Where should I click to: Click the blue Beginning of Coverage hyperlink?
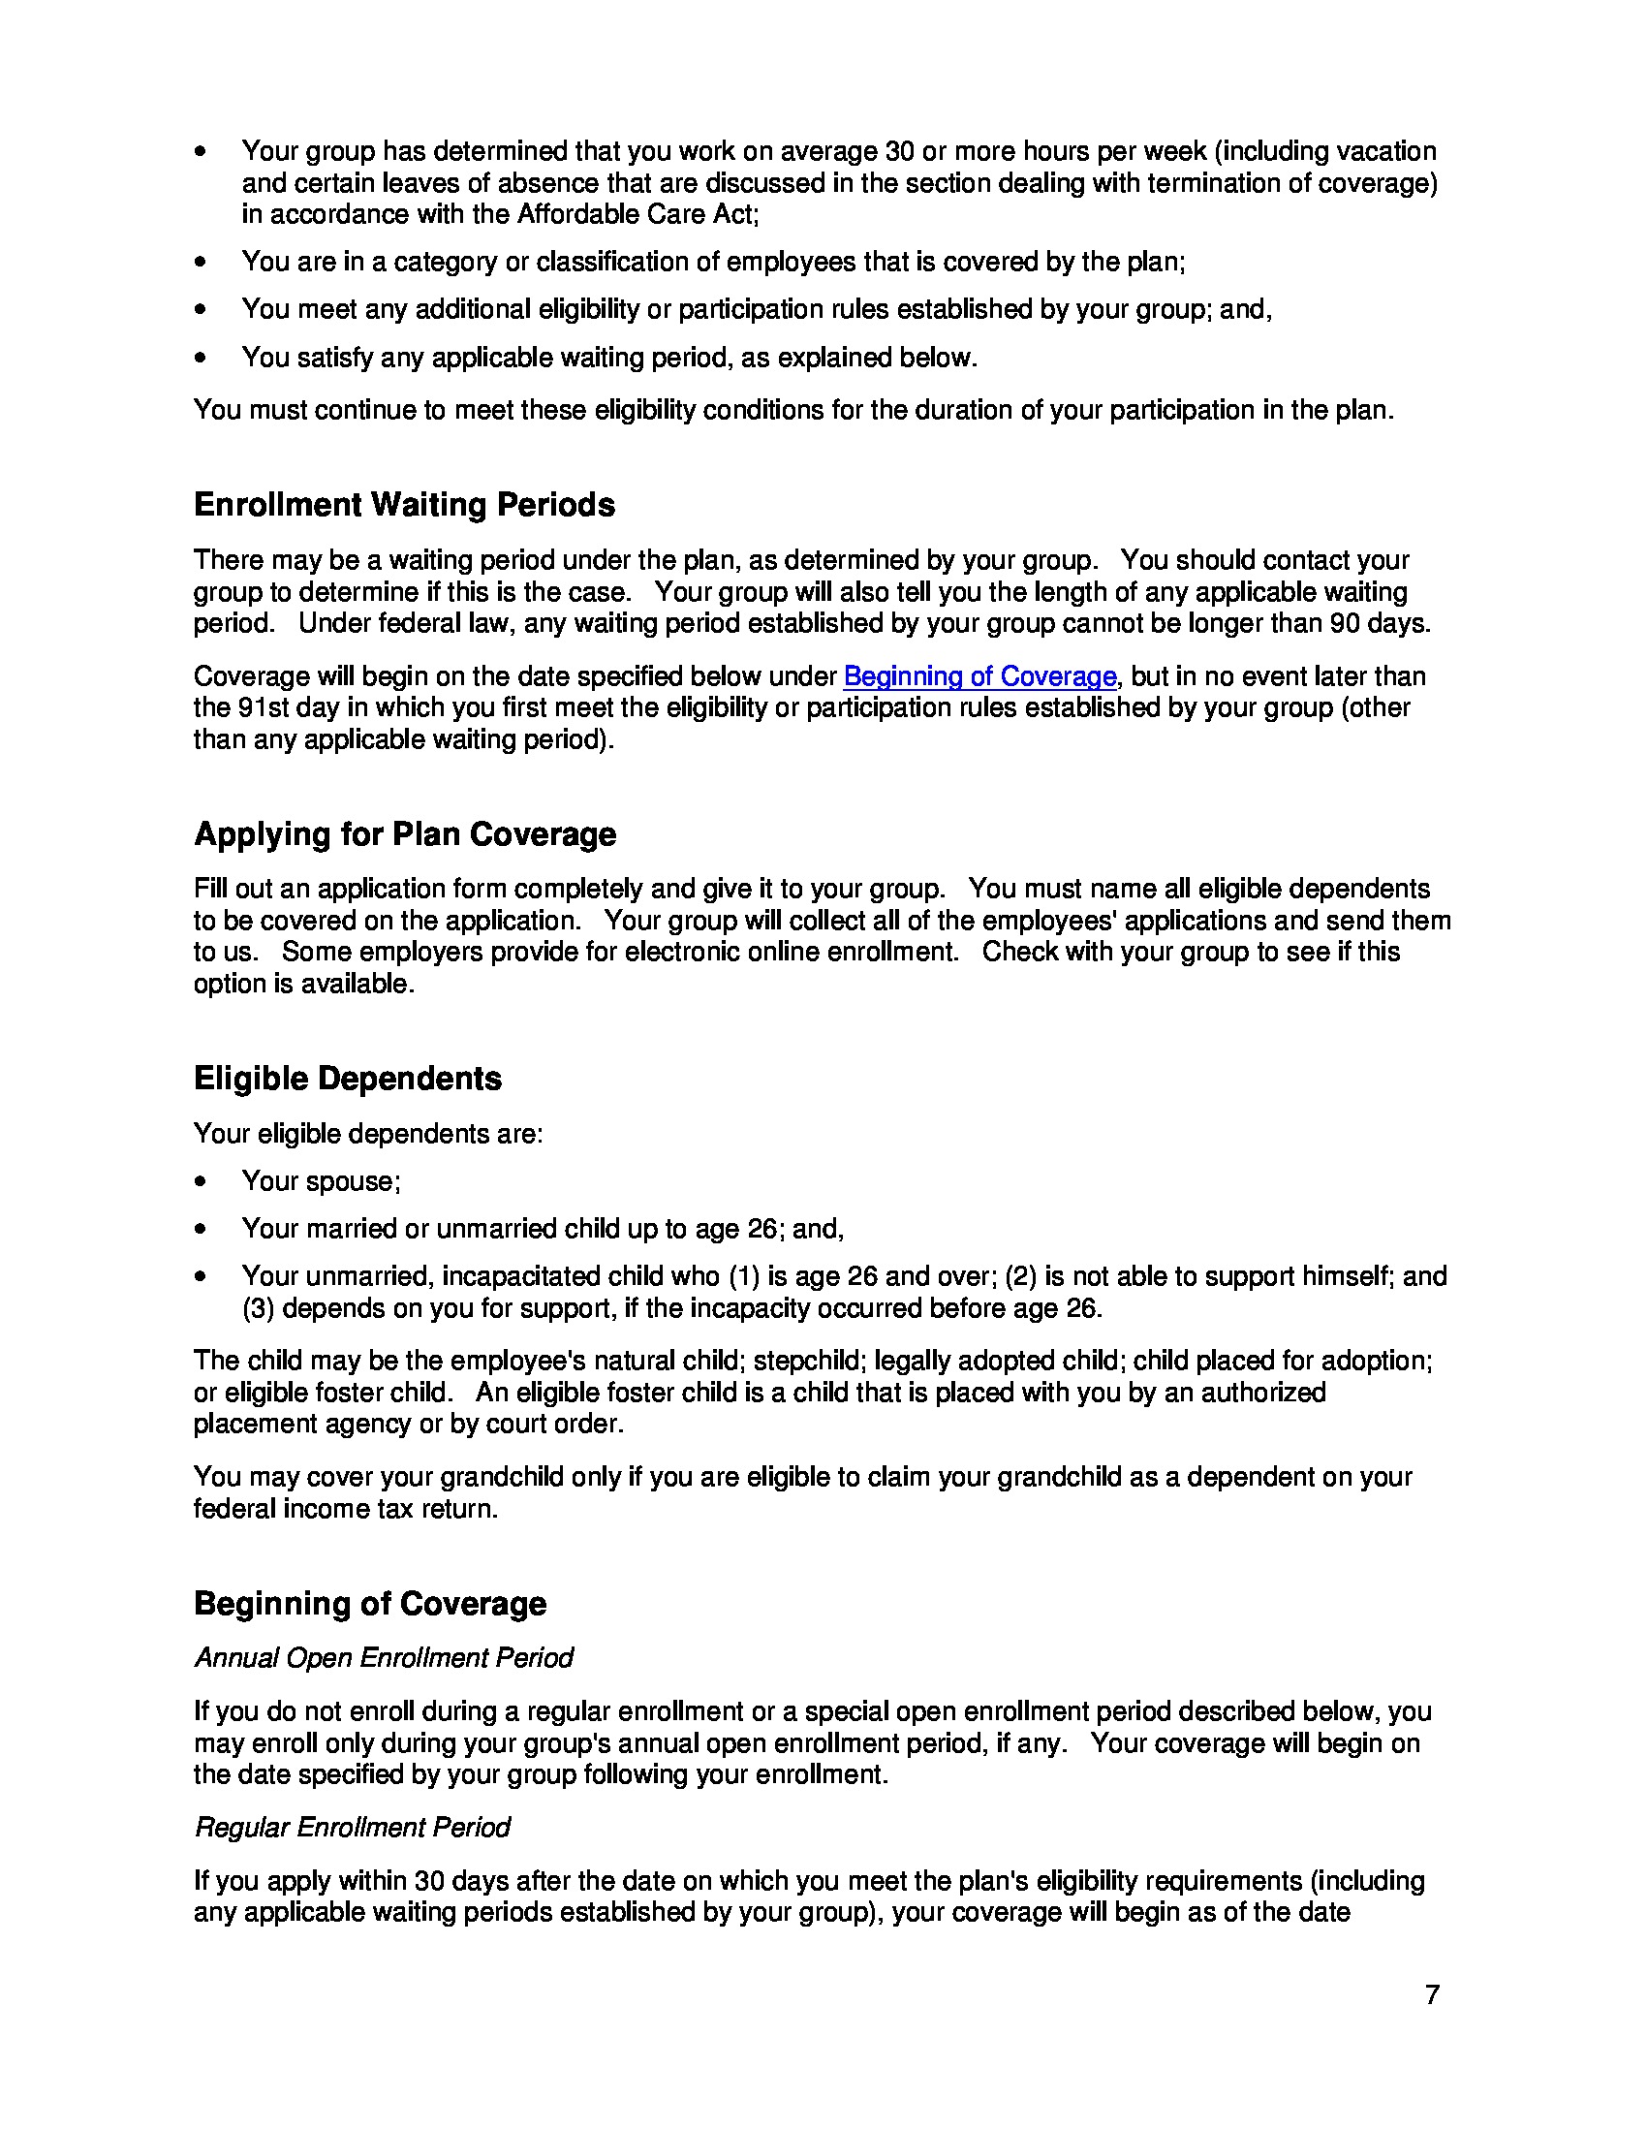pos(979,676)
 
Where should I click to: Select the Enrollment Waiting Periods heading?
pos(404,505)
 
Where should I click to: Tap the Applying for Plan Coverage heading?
pos(405,834)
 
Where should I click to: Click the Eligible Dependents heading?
pos(348,1079)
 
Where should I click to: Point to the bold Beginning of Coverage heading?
pos(370,1604)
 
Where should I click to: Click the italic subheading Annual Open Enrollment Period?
pos(384,1658)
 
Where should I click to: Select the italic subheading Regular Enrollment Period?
pos(353,1828)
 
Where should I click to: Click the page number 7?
pos(1431,1994)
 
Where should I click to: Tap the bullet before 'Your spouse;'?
pos(201,1182)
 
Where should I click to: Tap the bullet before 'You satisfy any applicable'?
pos(201,359)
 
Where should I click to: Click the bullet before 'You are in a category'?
pos(201,263)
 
